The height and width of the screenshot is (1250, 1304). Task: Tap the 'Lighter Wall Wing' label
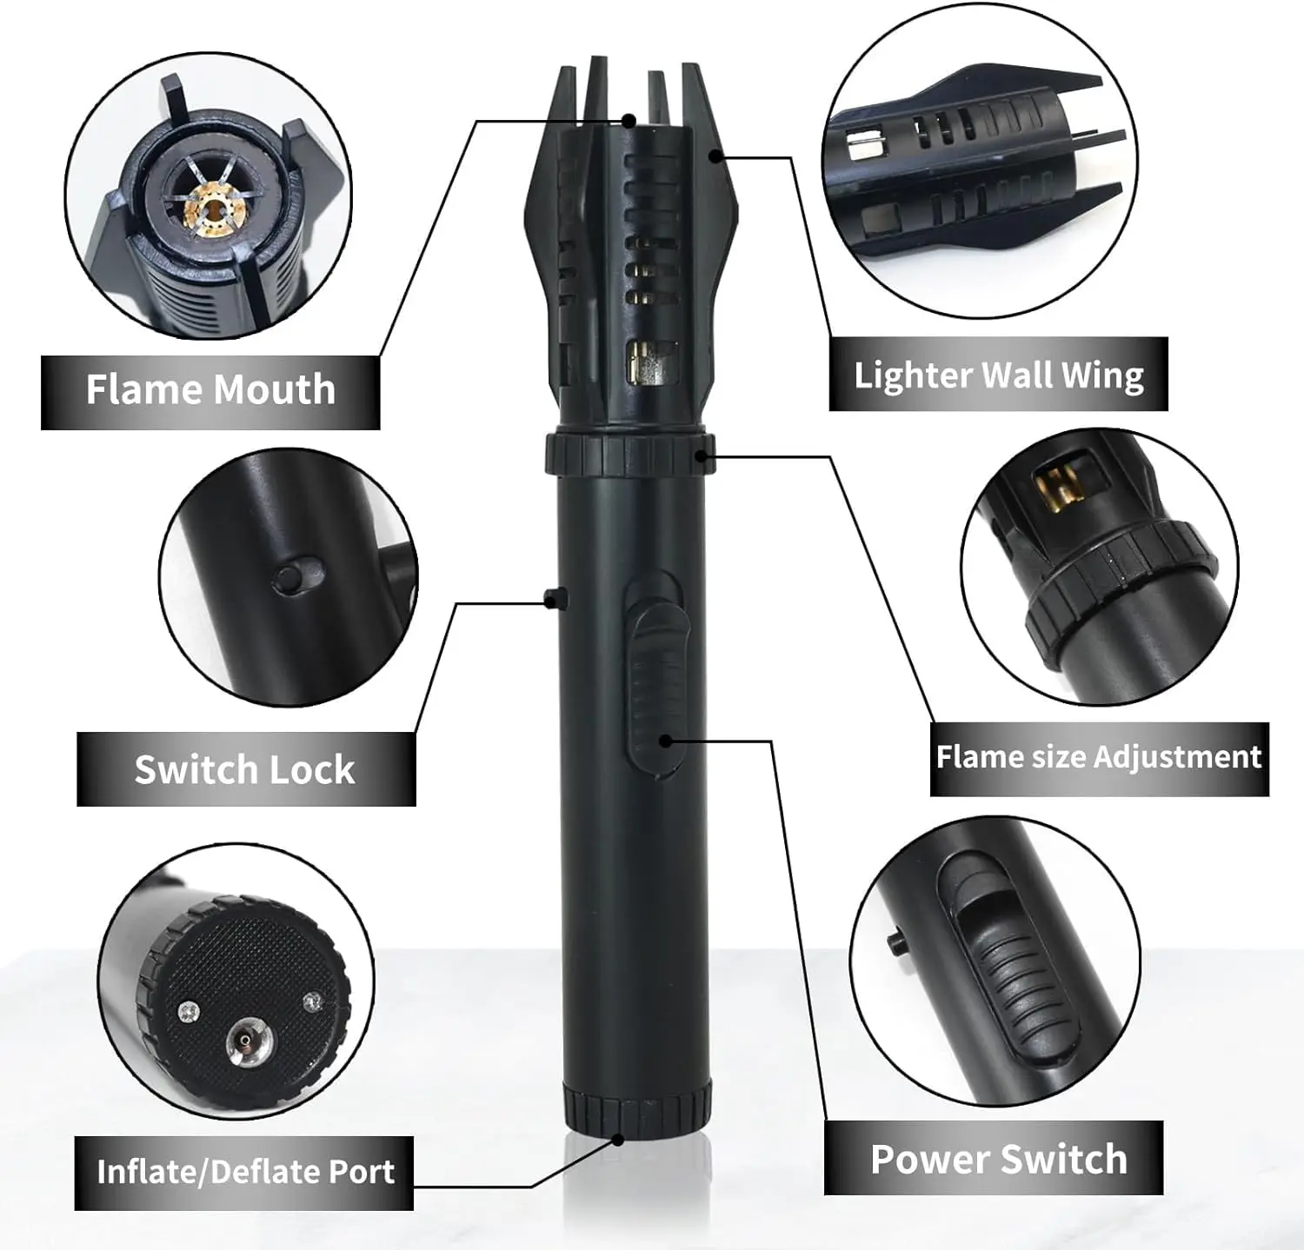(998, 376)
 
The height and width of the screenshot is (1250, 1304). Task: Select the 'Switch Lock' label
(245, 770)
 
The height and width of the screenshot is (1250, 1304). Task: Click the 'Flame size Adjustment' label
(1099, 758)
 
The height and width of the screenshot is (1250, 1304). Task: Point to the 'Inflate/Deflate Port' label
(245, 1173)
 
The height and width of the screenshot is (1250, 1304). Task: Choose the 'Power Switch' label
(998, 1160)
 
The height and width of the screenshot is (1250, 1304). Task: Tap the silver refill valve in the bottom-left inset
(246, 1042)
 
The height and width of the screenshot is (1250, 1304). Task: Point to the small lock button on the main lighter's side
(553, 598)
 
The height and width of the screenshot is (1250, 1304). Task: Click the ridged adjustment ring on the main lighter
(629, 453)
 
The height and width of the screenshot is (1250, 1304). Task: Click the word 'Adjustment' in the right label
(1177, 758)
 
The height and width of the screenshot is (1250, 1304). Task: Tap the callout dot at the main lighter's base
(618, 1138)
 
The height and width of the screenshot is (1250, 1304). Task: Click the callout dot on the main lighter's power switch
(665, 741)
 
